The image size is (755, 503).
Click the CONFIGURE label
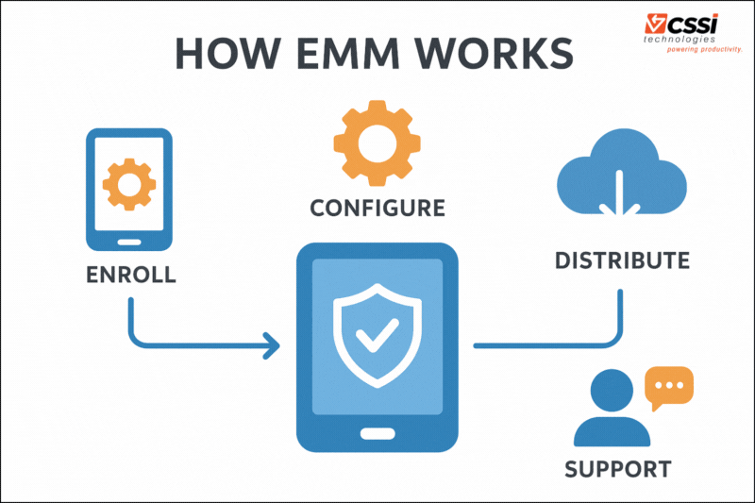(x=377, y=208)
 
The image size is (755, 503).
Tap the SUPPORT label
(x=618, y=468)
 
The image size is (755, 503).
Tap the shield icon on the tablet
(x=377, y=332)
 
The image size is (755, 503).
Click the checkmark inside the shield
(x=377, y=335)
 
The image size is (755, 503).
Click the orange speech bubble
(x=668, y=386)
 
